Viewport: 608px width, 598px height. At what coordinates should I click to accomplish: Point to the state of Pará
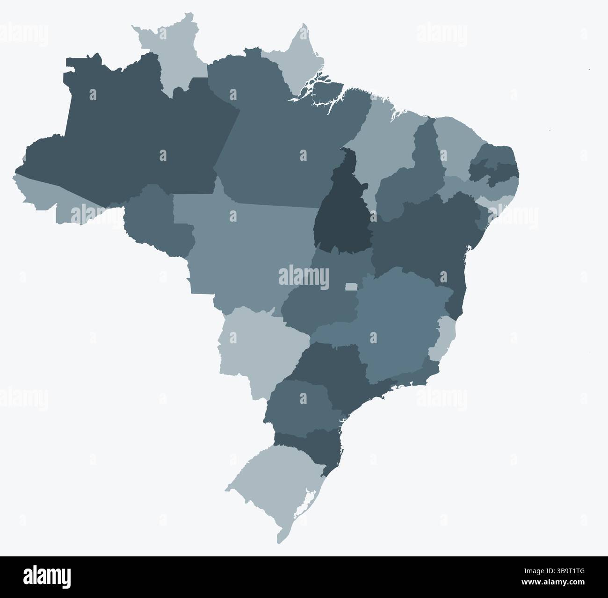coord(281,140)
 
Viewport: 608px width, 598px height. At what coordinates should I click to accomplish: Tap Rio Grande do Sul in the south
coord(271,482)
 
